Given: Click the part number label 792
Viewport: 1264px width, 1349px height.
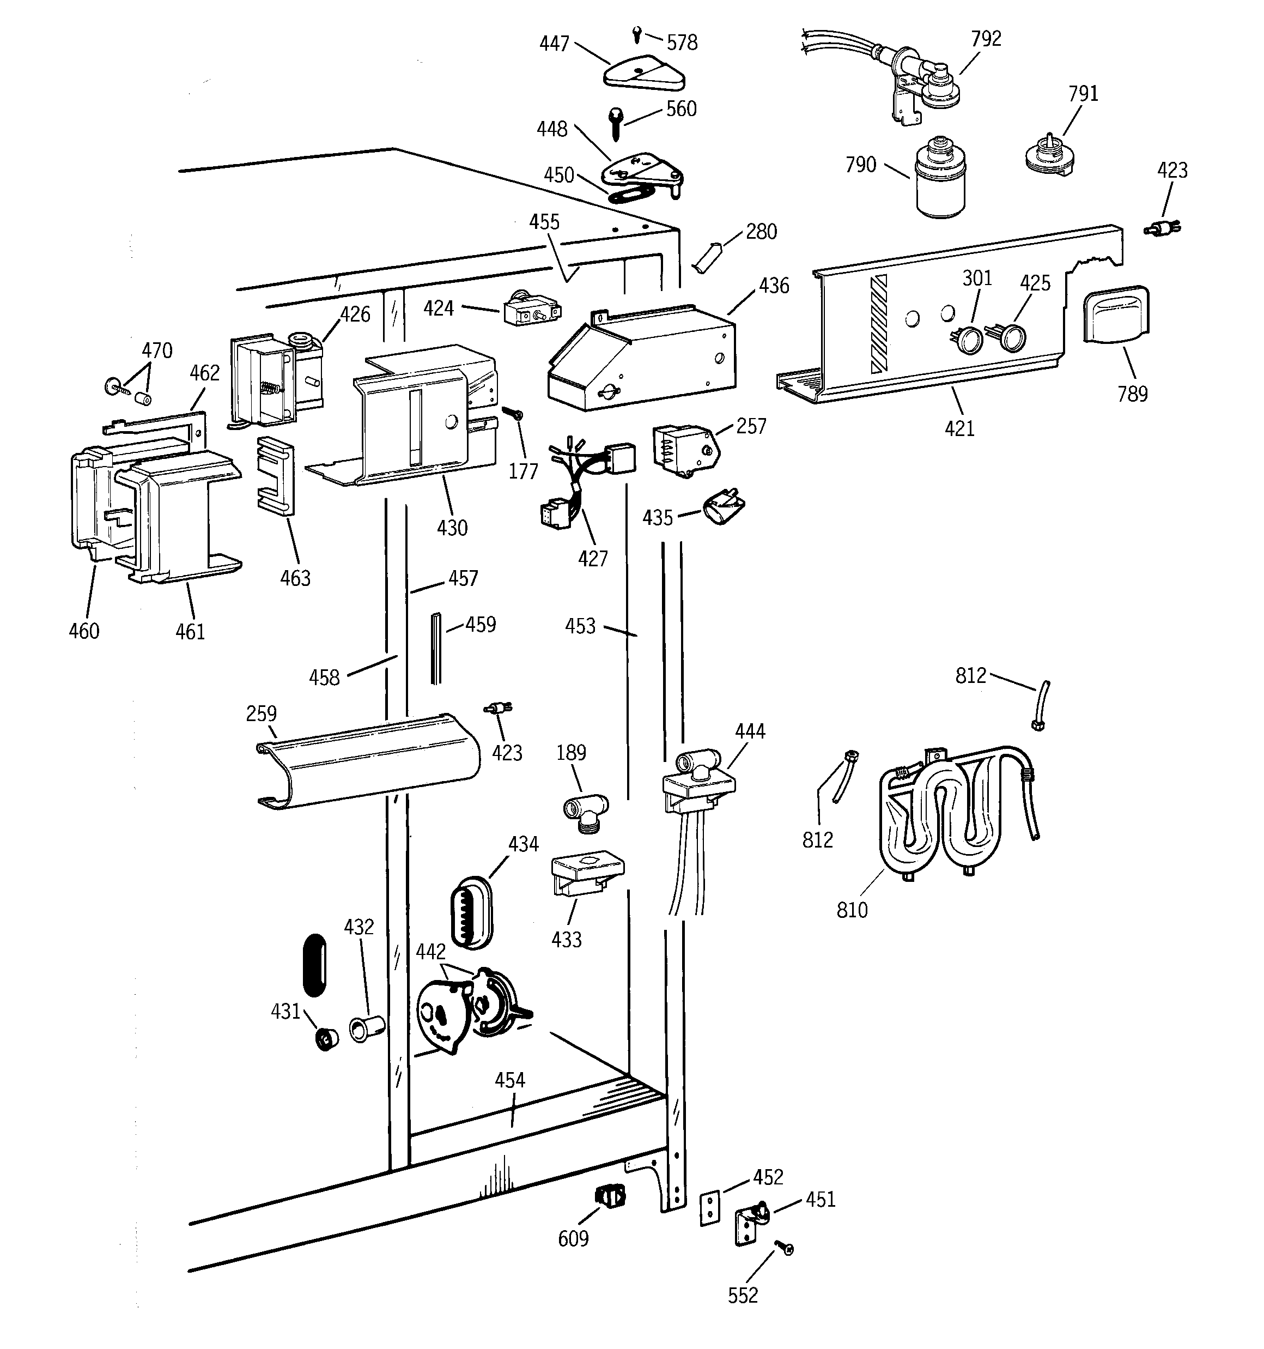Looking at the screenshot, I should tap(985, 39).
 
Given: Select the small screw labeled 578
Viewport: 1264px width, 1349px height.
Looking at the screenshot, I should tap(637, 33).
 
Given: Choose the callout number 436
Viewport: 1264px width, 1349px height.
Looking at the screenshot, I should tap(774, 286).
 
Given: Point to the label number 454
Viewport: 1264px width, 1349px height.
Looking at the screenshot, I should tap(509, 1080).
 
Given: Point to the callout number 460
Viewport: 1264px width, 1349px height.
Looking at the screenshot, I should tap(83, 631).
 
